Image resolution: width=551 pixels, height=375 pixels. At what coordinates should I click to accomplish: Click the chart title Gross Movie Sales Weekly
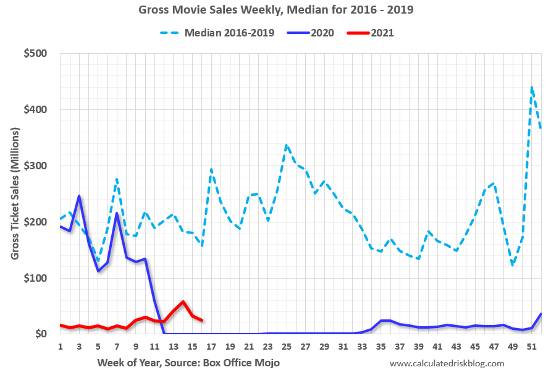(x=275, y=11)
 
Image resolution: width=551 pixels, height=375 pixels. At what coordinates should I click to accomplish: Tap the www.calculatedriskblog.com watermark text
(x=447, y=363)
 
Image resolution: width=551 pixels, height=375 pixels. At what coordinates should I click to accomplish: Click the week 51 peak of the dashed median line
(x=532, y=87)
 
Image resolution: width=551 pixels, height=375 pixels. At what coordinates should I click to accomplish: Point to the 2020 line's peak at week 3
(x=79, y=196)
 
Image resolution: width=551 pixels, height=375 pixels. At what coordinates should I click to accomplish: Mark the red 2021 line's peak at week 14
(x=183, y=301)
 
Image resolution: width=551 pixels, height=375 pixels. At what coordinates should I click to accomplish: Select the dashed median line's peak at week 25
(x=287, y=145)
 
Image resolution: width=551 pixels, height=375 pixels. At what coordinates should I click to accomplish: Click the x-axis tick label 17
(x=211, y=347)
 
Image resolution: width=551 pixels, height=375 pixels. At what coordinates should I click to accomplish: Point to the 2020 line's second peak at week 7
(x=117, y=213)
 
